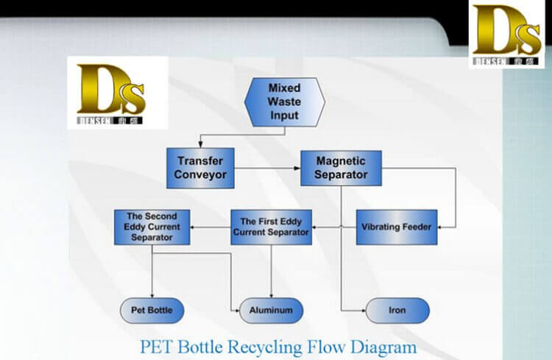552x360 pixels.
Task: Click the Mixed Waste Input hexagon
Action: click(283, 102)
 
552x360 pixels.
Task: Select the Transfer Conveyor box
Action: click(200, 168)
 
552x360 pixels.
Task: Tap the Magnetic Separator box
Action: click(341, 168)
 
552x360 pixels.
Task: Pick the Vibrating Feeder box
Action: click(396, 227)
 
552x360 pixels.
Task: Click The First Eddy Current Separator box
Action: click(271, 227)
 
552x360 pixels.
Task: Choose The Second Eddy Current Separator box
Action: click(152, 227)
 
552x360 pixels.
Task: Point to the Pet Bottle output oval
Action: click(151, 310)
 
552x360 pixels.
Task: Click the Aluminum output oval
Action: click(271, 310)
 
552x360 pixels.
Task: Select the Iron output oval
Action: click(397, 310)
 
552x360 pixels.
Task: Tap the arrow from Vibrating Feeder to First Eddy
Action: click(335, 227)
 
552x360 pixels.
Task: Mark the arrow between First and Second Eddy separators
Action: click(210, 227)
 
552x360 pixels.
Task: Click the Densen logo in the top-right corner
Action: click(509, 35)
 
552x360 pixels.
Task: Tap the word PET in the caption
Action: click(160, 345)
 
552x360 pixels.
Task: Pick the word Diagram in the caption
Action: click(389, 345)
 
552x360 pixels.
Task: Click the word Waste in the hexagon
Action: click(283, 102)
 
